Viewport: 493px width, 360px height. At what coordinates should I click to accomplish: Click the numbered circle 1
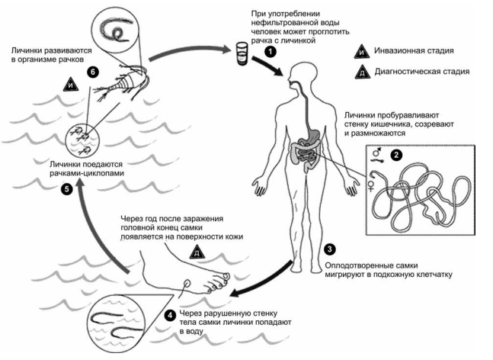271,52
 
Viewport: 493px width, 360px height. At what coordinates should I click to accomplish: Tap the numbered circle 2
395,155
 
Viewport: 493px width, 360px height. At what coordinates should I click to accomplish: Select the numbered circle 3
330,249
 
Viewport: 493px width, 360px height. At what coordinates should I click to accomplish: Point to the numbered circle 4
170,315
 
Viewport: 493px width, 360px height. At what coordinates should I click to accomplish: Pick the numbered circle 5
66,189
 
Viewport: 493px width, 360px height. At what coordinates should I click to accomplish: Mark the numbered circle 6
92,72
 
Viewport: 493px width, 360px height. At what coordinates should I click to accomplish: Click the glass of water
242,54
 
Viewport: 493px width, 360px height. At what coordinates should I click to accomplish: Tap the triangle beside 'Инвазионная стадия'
362,52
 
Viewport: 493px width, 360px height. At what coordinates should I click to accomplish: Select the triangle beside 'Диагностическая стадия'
362,72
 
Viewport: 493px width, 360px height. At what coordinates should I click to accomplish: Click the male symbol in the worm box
376,153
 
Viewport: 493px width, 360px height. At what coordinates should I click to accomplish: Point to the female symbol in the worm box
371,186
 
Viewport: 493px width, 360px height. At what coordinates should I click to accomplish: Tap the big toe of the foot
226,276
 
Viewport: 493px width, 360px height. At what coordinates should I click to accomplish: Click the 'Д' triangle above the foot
197,252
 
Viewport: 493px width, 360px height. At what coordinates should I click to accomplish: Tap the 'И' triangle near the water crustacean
71,85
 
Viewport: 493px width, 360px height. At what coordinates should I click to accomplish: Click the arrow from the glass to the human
268,66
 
